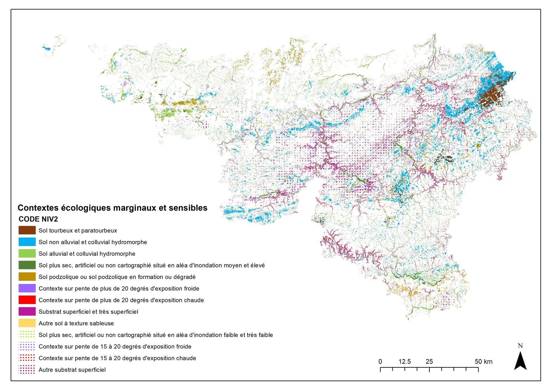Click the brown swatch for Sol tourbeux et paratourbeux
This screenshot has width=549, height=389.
[27, 230]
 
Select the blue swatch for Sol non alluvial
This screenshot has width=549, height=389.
[27, 242]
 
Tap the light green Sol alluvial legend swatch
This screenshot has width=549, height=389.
[27, 254]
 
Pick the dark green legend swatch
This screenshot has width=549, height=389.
[27, 265]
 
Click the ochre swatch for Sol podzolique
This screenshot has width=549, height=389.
[27, 277]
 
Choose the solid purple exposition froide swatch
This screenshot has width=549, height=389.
[27, 288]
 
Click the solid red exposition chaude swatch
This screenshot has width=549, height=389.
[27, 300]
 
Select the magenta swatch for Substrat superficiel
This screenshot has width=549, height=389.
[27, 312]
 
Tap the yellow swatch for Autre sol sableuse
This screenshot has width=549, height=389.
[27, 323]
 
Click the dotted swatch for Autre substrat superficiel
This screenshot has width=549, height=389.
[27, 370]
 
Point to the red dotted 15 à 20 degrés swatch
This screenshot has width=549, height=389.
[27, 358]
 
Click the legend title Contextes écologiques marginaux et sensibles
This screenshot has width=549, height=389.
[112, 208]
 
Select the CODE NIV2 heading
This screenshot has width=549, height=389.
[38, 219]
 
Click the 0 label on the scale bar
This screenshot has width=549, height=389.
[380, 361]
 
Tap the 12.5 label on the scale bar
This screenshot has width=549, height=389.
[405, 361]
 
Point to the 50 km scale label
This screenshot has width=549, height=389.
[483, 361]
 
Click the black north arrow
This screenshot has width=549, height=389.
[520, 361]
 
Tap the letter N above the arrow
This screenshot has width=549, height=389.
[520, 346]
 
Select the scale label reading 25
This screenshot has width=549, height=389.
[429, 361]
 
